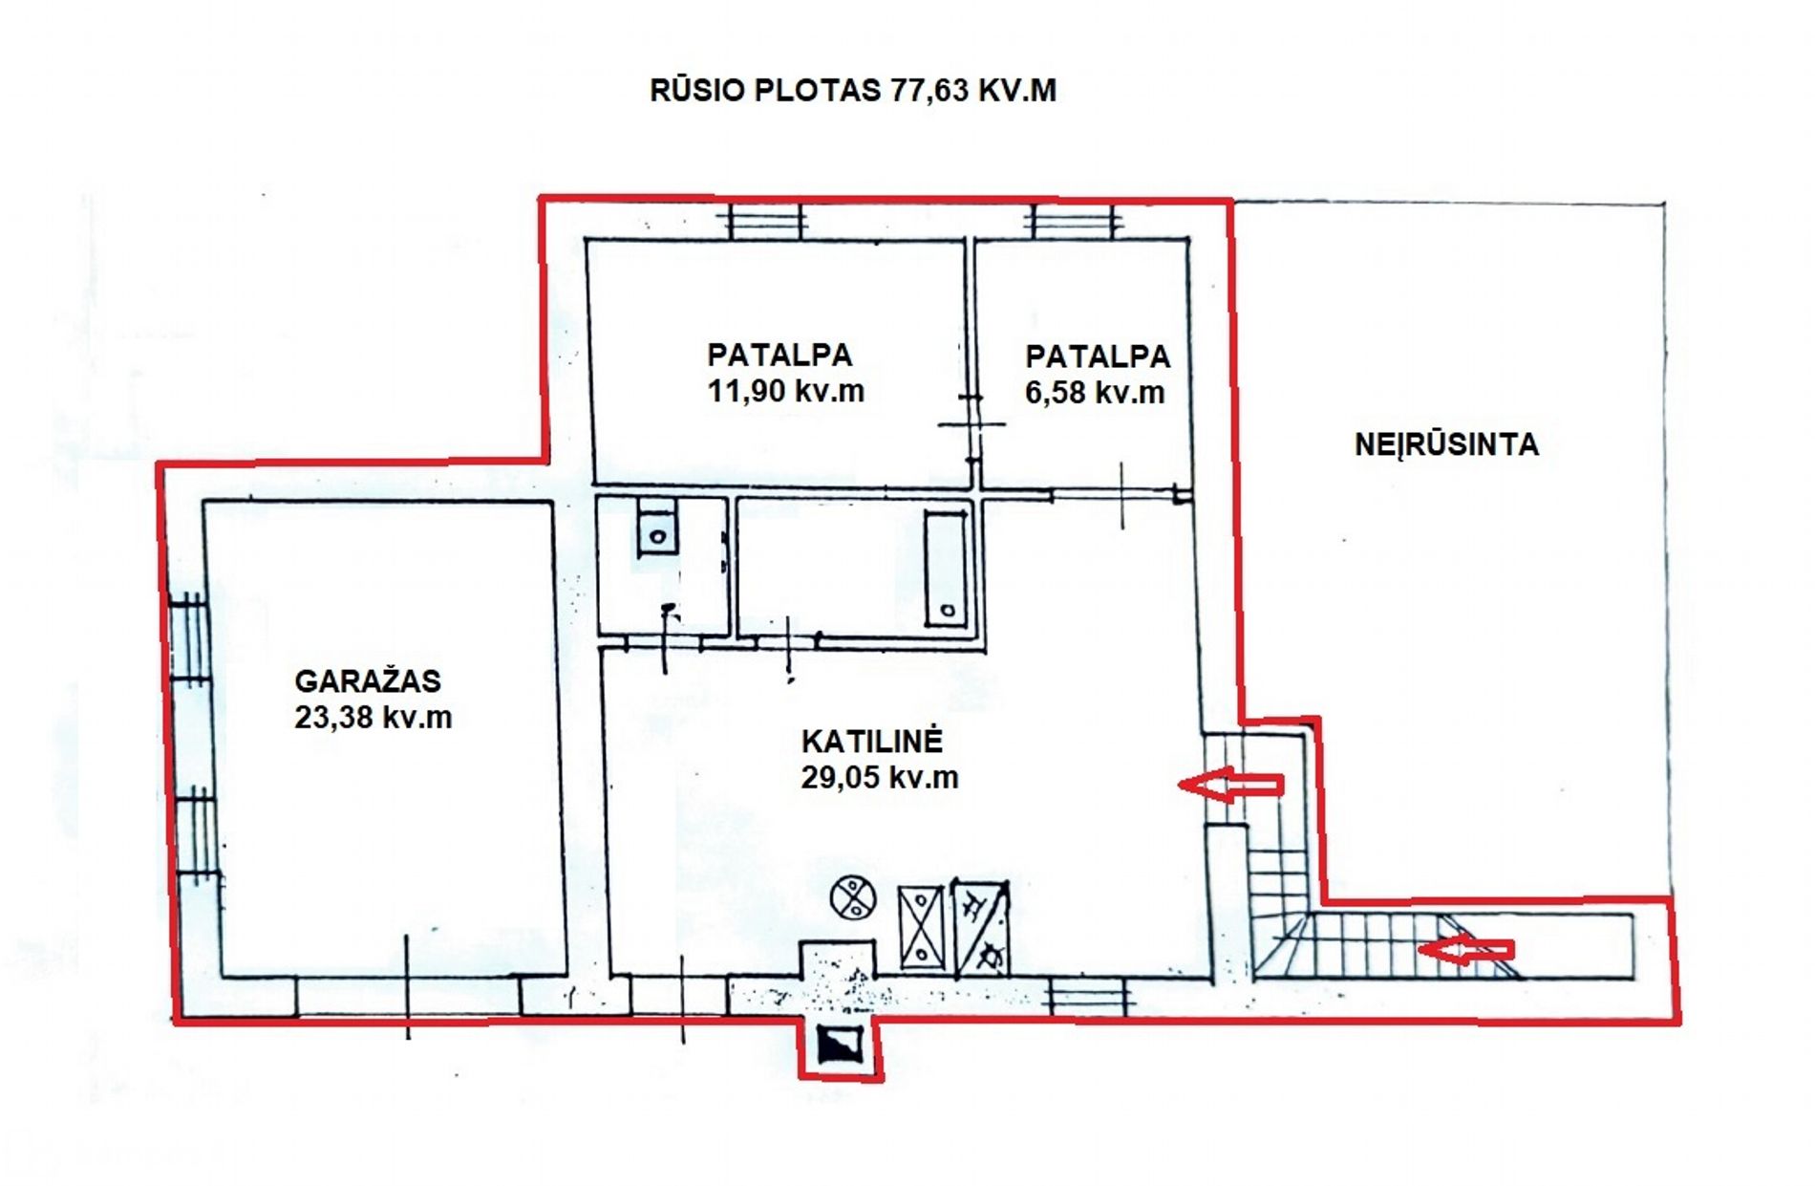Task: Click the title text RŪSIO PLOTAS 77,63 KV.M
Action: [853, 90]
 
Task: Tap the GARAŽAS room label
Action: [368, 680]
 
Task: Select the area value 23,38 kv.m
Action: [373, 717]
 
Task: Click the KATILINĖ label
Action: [872, 741]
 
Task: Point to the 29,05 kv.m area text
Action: [880, 777]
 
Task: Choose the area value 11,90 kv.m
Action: [785, 391]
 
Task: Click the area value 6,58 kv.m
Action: [1095, 393]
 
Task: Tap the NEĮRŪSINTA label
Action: [1446, 444]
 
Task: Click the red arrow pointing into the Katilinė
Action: [1230, 785]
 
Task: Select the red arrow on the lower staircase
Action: [1465, 950]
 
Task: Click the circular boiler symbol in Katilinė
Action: [853, 898]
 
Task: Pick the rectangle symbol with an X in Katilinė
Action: [921, 927]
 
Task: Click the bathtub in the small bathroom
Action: [946, 570]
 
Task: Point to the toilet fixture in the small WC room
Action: [657, 526]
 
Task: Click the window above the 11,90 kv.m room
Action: [767, 222]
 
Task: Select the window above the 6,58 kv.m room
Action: [1073, 222]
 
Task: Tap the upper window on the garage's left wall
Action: [190, 638]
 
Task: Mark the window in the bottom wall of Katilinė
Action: [1089, 996]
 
